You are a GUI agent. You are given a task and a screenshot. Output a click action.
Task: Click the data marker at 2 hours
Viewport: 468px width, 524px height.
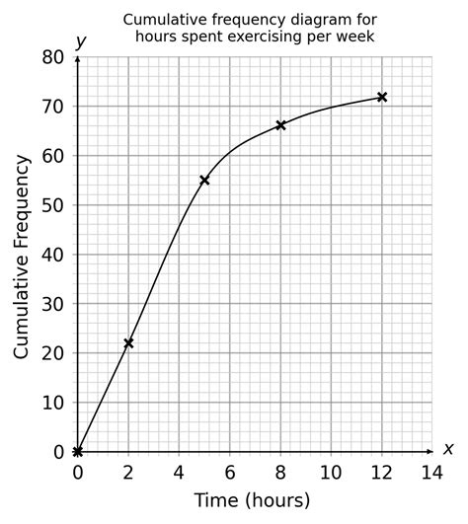(128, 342)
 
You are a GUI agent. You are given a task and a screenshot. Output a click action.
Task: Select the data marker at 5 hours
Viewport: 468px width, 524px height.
(204, 180)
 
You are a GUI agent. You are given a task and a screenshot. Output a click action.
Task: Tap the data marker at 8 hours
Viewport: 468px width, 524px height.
(280, 125)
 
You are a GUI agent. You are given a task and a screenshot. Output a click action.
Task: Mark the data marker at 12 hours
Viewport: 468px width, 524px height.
(382, 97)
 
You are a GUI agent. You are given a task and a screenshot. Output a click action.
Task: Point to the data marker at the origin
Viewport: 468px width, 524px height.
(78, 452)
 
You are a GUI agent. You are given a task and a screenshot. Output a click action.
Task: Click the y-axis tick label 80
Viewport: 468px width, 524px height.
(53, 57)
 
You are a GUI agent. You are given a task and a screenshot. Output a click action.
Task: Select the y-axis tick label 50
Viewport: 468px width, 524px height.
(53, 205)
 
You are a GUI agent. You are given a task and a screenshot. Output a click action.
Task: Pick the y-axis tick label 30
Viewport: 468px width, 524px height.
(53, 304)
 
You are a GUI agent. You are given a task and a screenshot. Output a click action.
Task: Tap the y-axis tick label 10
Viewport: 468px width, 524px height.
(53, 403)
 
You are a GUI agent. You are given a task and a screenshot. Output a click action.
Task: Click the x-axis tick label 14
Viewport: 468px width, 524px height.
(431, 472)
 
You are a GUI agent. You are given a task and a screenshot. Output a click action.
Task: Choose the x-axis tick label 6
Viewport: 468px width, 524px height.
(229, 472)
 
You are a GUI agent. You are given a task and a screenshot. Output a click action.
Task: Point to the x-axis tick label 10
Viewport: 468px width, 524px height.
(331, 472)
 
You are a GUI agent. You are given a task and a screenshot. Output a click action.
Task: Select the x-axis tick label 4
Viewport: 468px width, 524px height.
(179, 472)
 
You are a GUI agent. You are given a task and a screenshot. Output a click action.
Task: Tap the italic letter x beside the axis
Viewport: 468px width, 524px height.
(448, 448)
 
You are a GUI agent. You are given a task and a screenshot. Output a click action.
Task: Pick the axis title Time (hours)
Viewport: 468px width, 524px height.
(252, 499)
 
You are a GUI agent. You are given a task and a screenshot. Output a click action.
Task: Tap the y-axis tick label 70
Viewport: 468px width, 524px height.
(53, 107)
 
